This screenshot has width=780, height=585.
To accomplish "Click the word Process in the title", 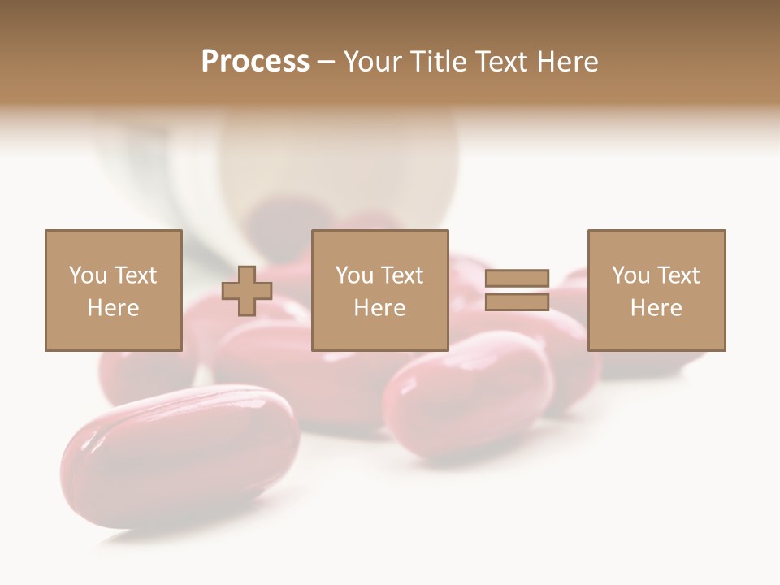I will tap(255, 62).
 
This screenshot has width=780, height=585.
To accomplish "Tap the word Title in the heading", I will tap(436, 62).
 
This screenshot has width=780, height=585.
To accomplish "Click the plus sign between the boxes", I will tap(247, 291).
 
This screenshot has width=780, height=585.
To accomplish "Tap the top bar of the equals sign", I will tap(517, 278).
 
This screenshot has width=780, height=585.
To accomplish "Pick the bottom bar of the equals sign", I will tap(517, 302).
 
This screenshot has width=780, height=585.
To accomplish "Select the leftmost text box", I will tap(113, 290).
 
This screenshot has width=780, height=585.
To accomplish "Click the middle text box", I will tap(379, 290).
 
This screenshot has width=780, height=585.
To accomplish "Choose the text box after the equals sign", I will tap(656, 290).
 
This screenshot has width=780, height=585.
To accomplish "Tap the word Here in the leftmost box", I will tap(113, 308).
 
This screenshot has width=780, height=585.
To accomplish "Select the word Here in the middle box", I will tap(379, 308).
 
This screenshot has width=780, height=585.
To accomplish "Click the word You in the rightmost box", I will tap(630, 275).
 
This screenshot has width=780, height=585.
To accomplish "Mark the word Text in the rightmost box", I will tap(678, 275).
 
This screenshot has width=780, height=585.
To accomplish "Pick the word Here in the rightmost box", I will tap(656, 308).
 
